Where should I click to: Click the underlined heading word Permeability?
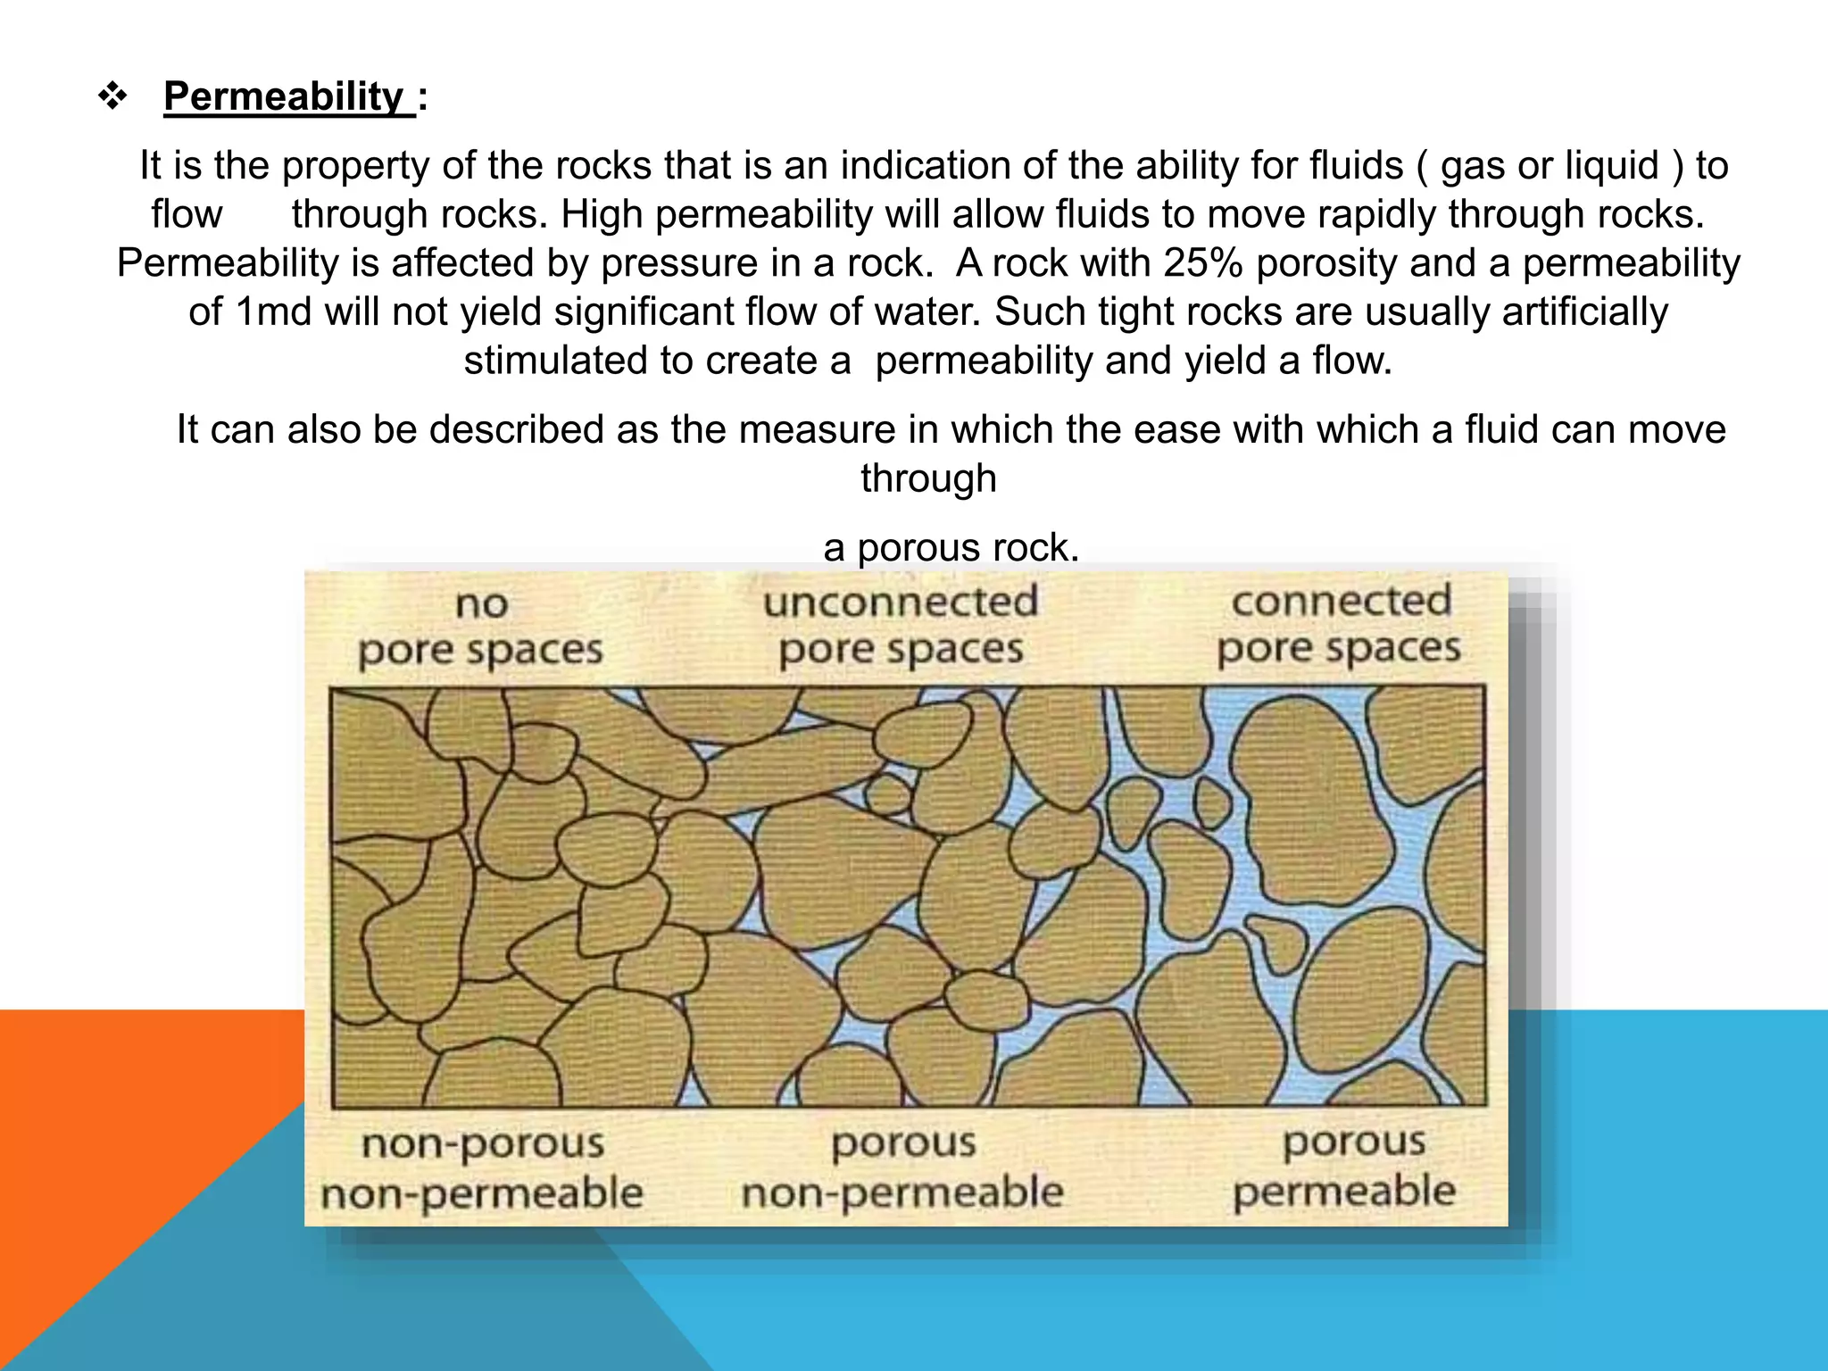[284, 96]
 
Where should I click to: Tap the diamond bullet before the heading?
[112, 96]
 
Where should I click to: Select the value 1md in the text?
[272, 312]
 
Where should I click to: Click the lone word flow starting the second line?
[186, 215]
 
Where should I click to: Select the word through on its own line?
[928, 478]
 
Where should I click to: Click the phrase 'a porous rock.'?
[951, 547]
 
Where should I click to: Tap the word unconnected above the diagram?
[901, 602]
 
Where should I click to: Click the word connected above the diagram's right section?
[1341, 601]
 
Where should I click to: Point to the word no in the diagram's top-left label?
[482, 605]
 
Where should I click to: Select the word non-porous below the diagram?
[483, 1144]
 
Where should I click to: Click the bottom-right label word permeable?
[1344, 1192]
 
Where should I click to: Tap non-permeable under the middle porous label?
[902, 1192]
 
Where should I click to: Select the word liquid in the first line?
[1612, 166]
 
